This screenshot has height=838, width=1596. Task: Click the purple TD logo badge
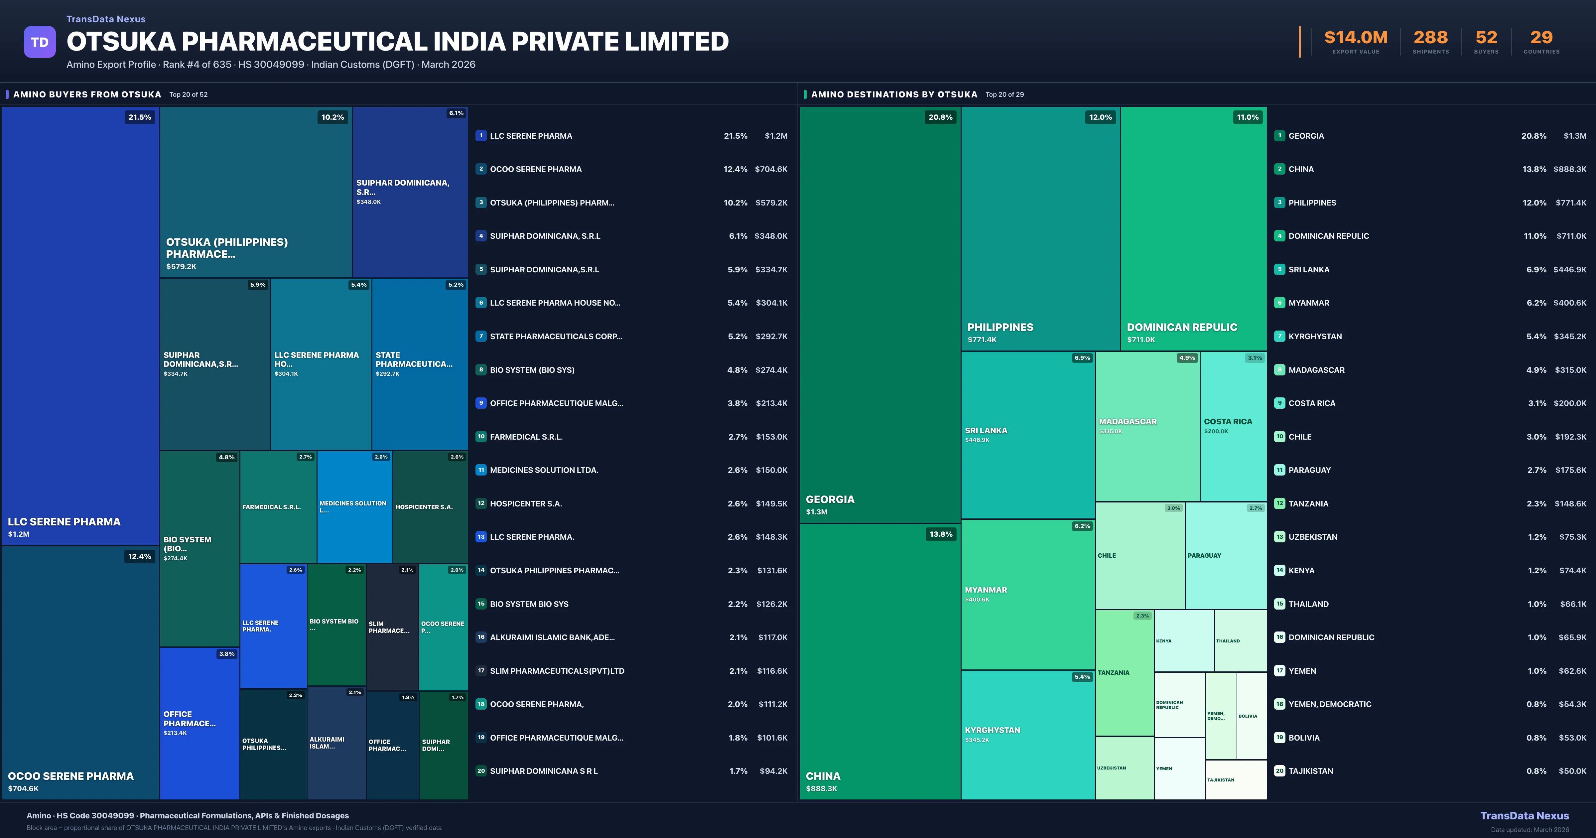[x=40, y=42]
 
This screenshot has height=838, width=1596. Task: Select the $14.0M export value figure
[x=1356, y=38]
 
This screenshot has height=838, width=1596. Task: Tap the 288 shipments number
[x=1430, y=38]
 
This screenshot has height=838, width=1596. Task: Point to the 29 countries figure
[x=1541, y=38]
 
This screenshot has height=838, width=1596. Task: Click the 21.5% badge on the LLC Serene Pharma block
[x=139, y=117]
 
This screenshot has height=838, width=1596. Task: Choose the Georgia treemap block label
[x=830, y=499]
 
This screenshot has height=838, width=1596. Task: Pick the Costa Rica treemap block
[x=1233, y=426]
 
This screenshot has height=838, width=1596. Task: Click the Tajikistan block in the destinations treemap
[x=1236, y=780]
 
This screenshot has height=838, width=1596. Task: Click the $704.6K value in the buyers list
[x=771, y=169]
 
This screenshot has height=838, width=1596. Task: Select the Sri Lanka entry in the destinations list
[x=1308, y=270]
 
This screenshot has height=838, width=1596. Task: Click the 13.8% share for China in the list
[x=1534, y=169]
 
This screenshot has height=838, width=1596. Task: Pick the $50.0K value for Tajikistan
[x=1572, y=771]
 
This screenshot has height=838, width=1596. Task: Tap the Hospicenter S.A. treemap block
[x=430, y=507]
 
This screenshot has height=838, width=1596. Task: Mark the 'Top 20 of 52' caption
[x=188, y=95]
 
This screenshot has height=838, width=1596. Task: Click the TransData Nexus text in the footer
[x=1524, y=816]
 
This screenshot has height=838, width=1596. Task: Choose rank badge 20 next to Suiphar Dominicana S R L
[x=481, y=771]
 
